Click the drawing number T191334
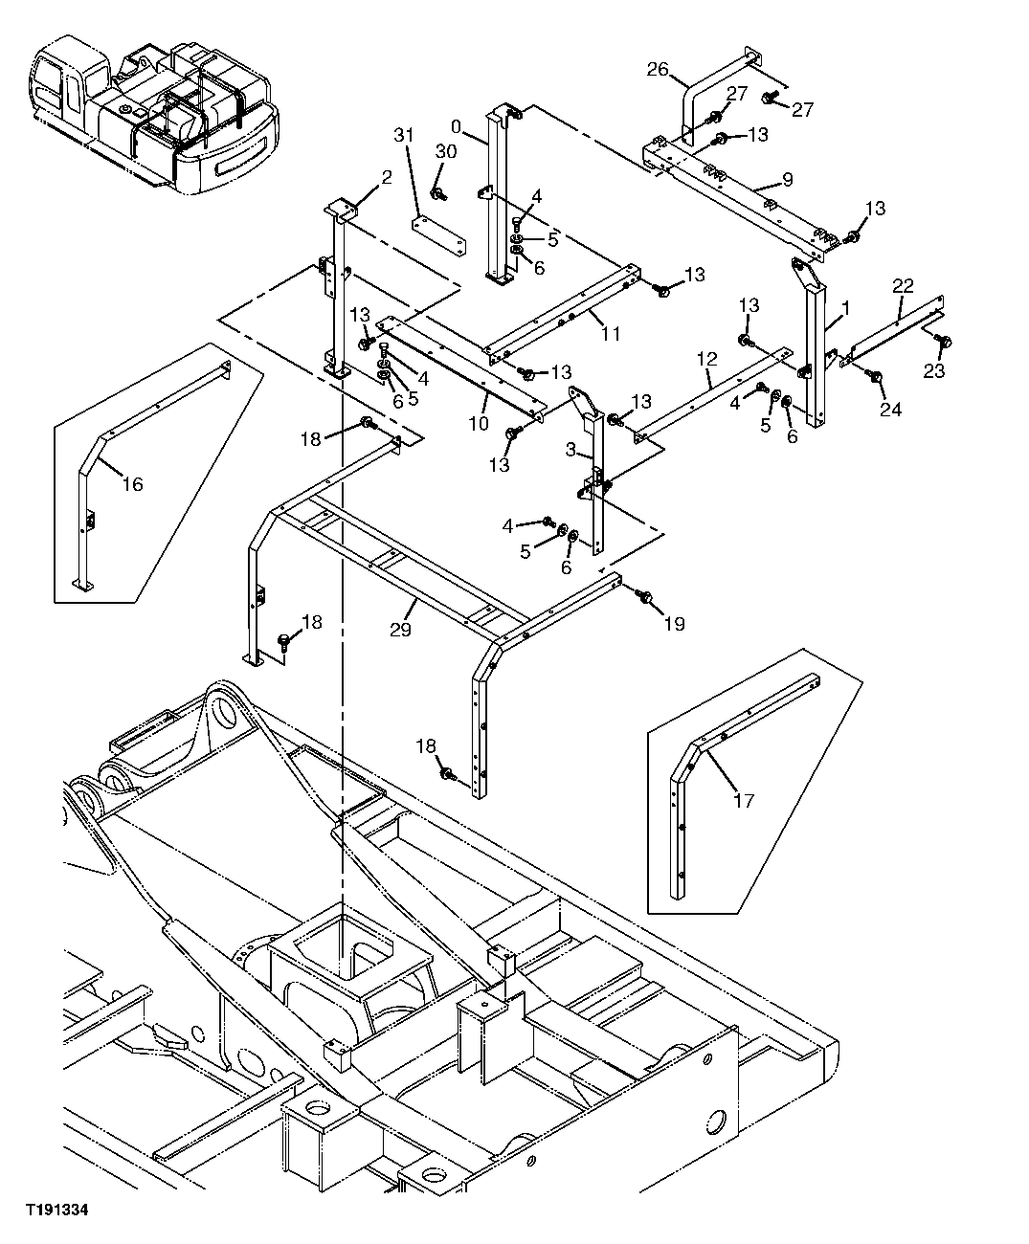(56, 1211)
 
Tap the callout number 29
(400, 630)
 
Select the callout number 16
(132, 485)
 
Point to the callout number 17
(743, 800)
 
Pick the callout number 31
(404, 136)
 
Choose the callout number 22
(903, 285)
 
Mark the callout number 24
(891, 410)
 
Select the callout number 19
(674, 624)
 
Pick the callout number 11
(611, 333)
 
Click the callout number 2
(360, 177)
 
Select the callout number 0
(456, 125)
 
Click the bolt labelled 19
(644, 597)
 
